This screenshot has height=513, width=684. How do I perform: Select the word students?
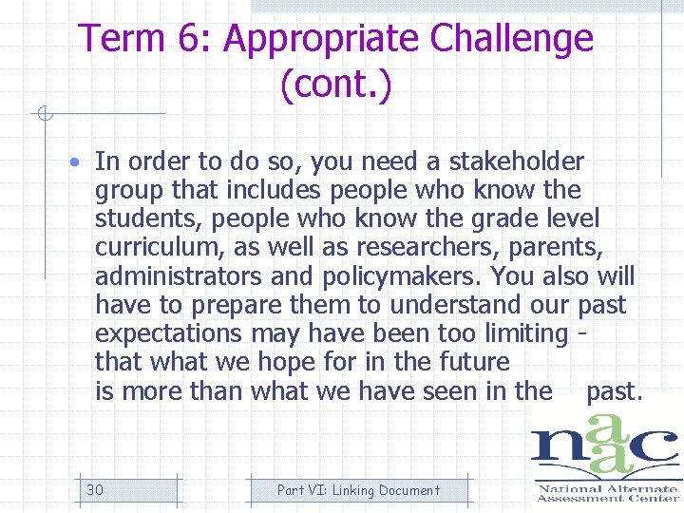coord(148,219)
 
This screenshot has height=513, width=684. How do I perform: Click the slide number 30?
coord(95,490)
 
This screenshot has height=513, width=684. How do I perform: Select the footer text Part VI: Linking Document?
coord(358,490)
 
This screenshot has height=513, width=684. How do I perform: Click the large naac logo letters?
coord(604,452)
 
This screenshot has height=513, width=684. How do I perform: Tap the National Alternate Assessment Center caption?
coord(606,492)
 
